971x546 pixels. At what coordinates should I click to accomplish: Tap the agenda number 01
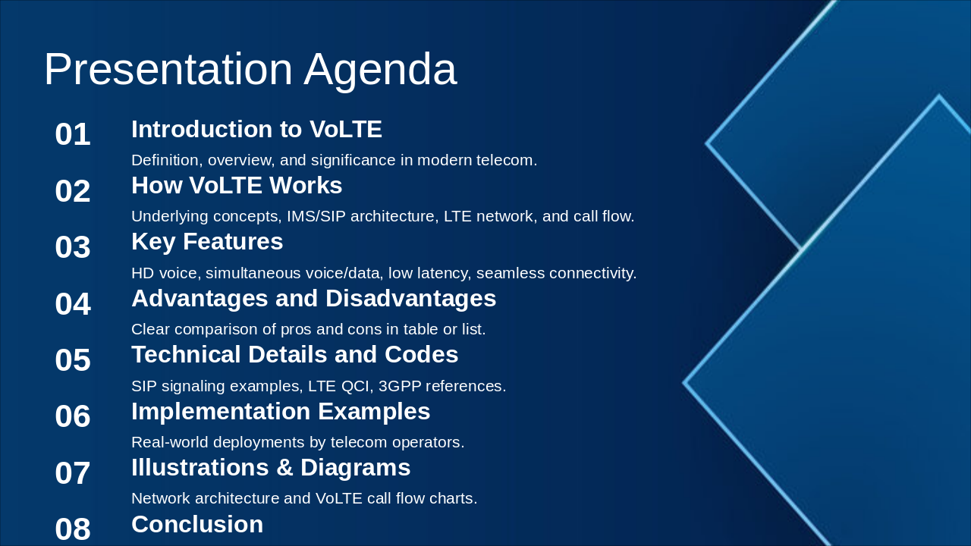click(x=72, y=134)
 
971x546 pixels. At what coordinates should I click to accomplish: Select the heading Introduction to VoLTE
click(x=256, y=129)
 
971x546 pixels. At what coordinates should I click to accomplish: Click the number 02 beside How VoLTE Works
click(x=72, y=190)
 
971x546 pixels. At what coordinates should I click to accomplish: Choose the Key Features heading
click(x=207, y=242)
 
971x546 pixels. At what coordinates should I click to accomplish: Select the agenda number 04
click(x=72, y=304)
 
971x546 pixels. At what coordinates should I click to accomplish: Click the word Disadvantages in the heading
click(x=410, y=299)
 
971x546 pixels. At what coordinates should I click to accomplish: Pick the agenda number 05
click(x=72, y=360)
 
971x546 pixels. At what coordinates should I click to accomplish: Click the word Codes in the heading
click(x=421, y=354)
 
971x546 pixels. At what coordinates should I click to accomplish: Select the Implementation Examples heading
click(x=281, y=412)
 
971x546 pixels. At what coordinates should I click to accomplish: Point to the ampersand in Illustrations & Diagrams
click(x=284, y=468)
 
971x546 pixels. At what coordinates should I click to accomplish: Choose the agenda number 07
click(x=72, y=472)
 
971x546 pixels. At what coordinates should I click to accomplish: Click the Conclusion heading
click(x=197, y=524)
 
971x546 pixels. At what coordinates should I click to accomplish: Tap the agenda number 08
click(x=72, y=529)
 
